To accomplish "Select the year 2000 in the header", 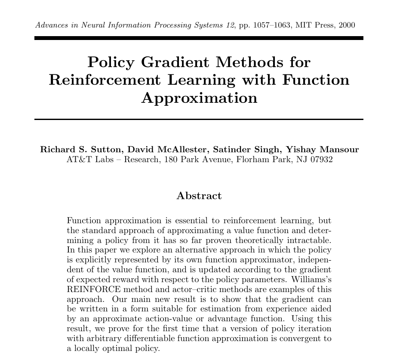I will [x=347, y=25].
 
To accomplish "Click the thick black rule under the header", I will [x=199, y=38].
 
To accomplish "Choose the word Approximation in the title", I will [x=199, y=98].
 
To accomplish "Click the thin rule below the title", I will [x=199, y=119].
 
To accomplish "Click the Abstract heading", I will [x=199, y=196].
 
